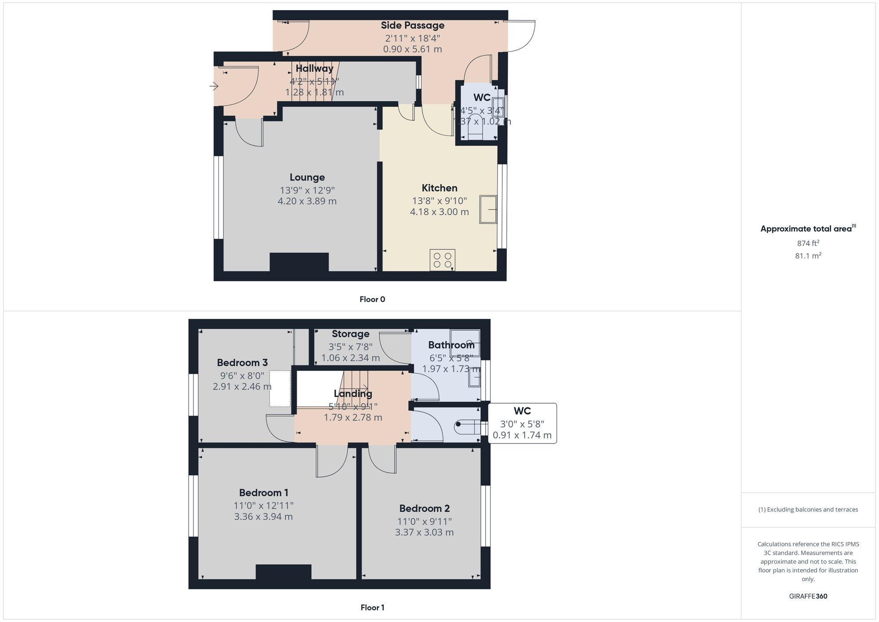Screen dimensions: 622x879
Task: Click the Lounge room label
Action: (307, 177)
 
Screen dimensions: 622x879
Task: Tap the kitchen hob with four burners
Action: (442, 260)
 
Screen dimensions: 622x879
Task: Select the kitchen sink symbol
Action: (488, 210)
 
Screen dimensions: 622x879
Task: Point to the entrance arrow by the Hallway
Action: (214, 86)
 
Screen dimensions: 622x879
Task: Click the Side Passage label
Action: (412, 25)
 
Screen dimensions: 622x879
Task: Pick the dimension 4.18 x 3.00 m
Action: (439, 212)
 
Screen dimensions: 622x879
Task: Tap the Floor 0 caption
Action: (372, 299)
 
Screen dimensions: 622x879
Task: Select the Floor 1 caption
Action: (372, 607)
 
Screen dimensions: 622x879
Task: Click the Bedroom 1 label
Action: (263, 493)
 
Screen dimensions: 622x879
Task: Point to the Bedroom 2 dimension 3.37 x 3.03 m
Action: (424, 532)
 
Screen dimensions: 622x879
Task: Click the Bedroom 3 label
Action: (242, 363)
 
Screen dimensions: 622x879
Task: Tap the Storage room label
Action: (350, 334)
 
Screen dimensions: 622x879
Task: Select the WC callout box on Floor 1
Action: (522, 423)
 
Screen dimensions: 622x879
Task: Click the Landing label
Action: (352, 394)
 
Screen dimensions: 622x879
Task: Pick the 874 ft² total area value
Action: (808, 243)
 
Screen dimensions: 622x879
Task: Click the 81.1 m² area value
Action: (808, 255)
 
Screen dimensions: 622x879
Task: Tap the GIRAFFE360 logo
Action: (808, 597)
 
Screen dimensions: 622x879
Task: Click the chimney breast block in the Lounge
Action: (299, 262)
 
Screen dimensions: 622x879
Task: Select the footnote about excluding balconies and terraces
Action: (808, 509)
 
